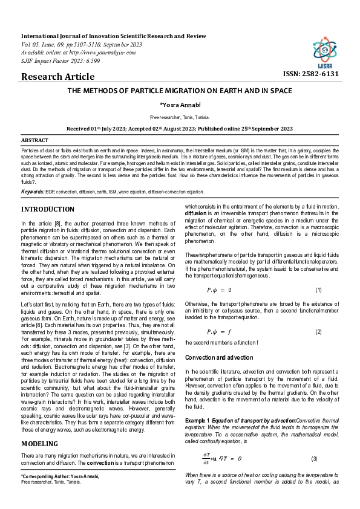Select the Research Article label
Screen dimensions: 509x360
tap(57, 77)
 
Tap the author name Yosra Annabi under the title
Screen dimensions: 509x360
tap(180, 105)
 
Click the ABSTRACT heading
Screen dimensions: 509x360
tap(34, 140)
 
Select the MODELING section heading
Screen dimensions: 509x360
tap(41, 427)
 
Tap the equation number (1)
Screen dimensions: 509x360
tap(318, 290)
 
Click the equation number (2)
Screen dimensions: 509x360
tap(318, 332)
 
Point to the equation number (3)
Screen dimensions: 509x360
tap(315, 459)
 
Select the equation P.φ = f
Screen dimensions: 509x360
tap(219, 332)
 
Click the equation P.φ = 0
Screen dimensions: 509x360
tap(219, 290)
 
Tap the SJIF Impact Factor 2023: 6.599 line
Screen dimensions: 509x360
tap(61, 61)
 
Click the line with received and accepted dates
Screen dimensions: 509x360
tap(180, 129)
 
